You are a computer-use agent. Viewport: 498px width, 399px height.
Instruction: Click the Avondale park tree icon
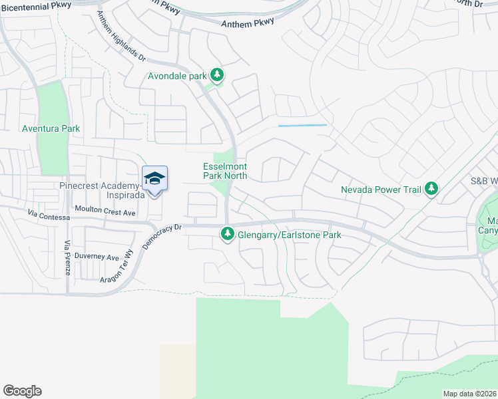point(217,74)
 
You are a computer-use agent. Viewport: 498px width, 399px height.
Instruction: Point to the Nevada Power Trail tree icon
point(431,189)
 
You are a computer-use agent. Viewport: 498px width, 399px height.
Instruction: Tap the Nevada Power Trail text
point(381,190)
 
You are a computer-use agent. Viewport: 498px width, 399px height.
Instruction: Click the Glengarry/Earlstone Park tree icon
point(228,234)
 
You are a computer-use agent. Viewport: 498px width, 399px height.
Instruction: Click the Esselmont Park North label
point(225,171)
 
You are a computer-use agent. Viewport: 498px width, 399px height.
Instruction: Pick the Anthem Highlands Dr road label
point(121,37)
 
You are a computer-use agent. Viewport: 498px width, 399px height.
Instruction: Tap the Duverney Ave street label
point(97,257)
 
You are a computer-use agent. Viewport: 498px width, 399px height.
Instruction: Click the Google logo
point(22,391)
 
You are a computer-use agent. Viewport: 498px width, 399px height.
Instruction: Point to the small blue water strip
point(302,125)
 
